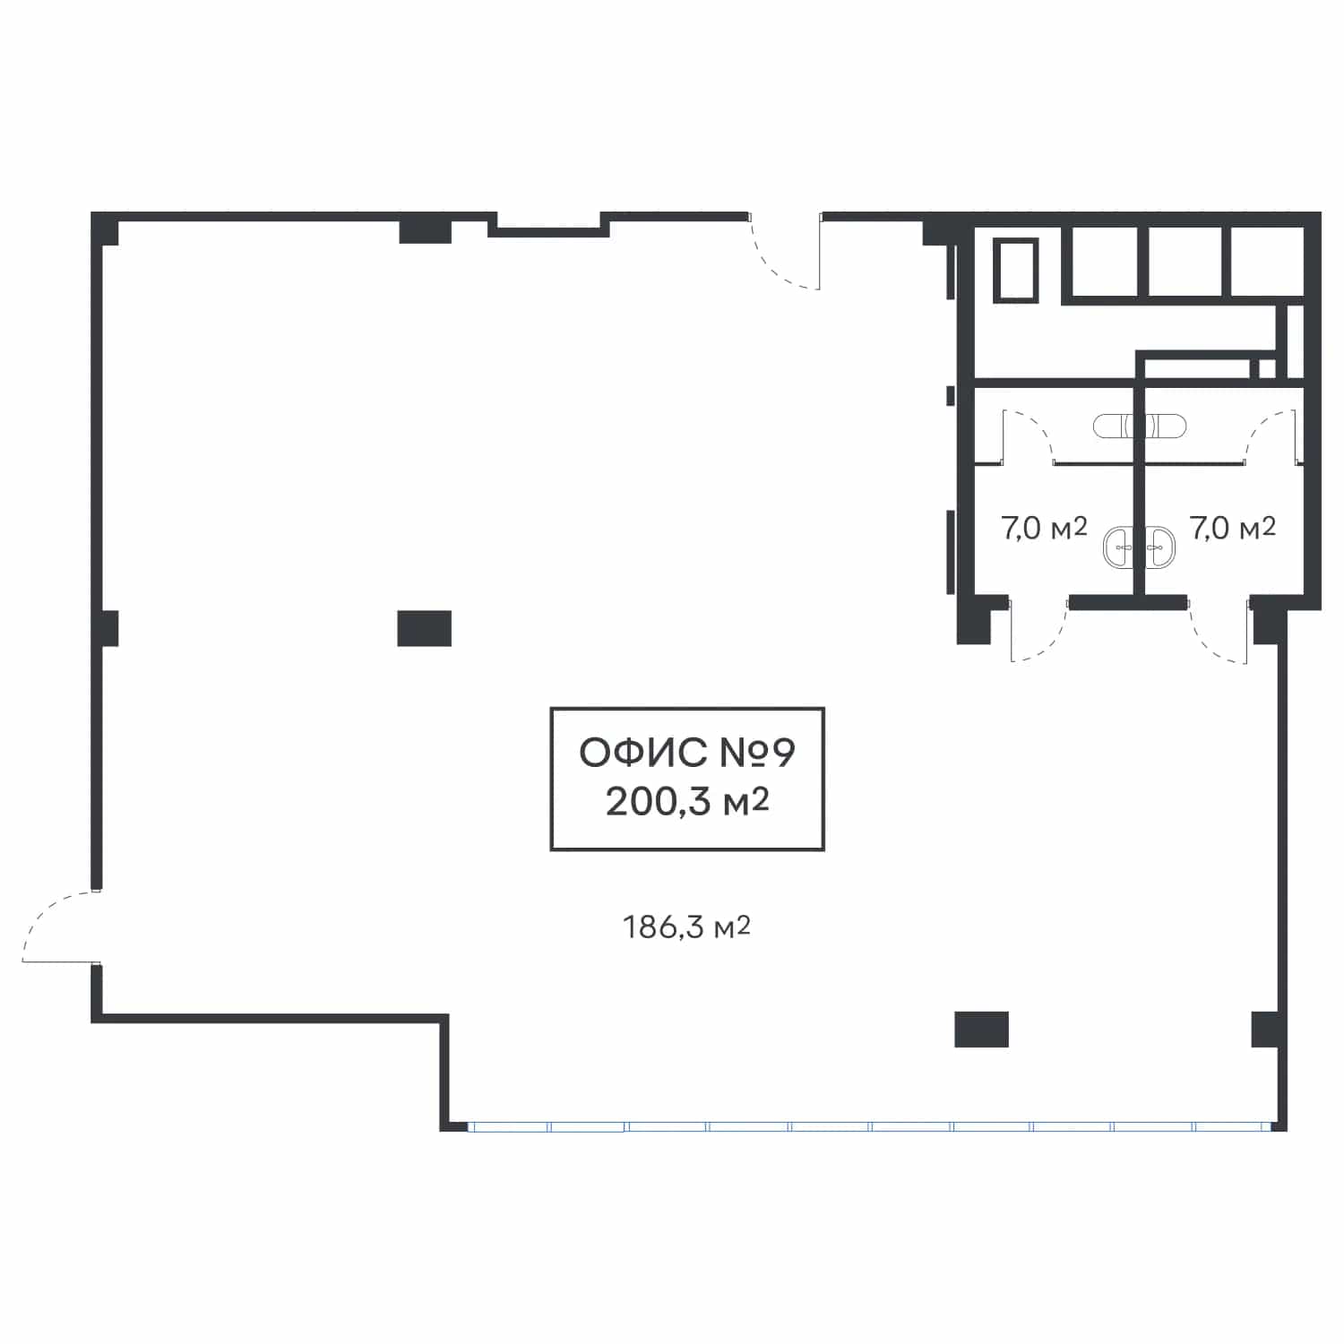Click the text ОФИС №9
(x=687, y=753)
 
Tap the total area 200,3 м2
(x=687, y=801)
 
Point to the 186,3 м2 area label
(x=686, y=926)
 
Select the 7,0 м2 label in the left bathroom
(x=1044, y=528)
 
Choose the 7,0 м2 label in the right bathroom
(x=1233, y=528)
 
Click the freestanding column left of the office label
(x=424, y=628)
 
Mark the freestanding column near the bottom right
(x=981, y=1029)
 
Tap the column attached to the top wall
(x=425, y=230)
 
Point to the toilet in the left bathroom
(x=1114, y=426)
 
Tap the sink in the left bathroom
(x=1118, y=547)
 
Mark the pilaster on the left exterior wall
(x=108, y=628)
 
